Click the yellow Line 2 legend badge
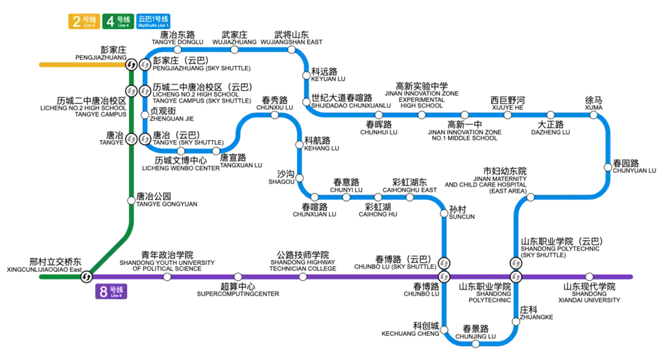(84, 22)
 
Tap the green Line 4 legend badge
(118, 22)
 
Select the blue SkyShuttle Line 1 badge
(153, 22)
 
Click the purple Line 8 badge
(111, 291)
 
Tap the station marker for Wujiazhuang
(234, 50)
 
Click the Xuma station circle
(593, 115)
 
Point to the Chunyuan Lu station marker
(608, 167)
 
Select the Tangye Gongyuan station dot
(131, 200)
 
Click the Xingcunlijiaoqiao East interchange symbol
(87, 277)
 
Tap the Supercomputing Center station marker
(238, 277)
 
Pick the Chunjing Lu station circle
(476, 344)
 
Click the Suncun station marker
(444, 213)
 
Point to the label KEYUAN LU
(328, 79)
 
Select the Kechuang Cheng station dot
(444, 329)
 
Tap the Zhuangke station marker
(515, 322)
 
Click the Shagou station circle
(300, 178)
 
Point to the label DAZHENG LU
(550, 132)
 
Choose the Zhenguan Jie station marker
(145, 115)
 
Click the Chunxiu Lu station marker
(275, 115)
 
